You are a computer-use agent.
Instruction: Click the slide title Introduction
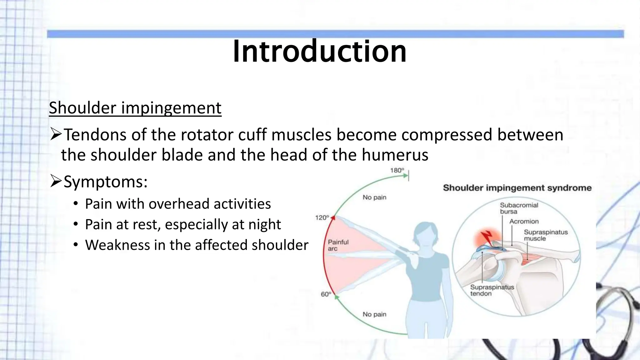point(319,51)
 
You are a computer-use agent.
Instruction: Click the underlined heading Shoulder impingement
point(135,108)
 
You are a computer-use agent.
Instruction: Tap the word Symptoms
point(105,182)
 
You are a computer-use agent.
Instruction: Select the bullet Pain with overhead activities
point(177,204)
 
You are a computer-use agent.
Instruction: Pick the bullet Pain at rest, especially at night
point(183,225)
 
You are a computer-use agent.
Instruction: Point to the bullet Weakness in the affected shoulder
point(197,245)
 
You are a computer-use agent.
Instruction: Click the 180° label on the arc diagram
point(397,170)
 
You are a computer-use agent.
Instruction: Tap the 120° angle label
point(322,217)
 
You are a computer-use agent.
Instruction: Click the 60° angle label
point(326,294)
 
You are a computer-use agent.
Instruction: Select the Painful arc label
point(338,245)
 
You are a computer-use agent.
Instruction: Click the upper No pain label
point(374,197)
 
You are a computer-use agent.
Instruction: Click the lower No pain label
point(374,314)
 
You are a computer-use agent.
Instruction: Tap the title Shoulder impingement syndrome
point(517,188)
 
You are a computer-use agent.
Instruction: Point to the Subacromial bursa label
point(519,208)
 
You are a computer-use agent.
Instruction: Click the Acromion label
point(524,221)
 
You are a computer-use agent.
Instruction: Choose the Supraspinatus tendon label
point(492,290)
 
